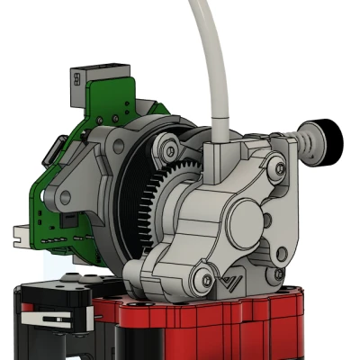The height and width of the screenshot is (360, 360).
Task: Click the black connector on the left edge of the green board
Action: pyautogui.click(x=57, y=149)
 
